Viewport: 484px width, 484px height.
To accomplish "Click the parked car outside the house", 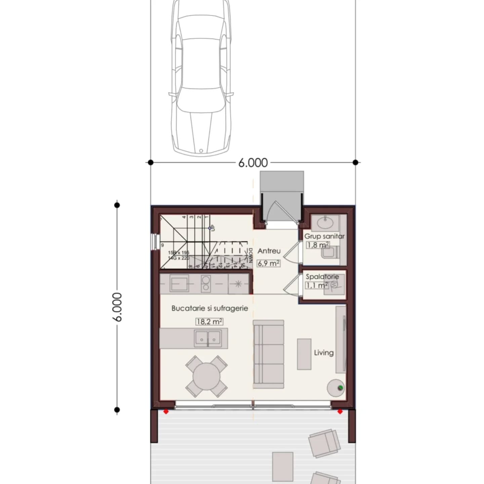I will tap(201, 77).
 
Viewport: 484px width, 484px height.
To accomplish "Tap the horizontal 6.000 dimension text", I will tap(253, 163).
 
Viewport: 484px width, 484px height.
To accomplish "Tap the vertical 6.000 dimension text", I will tap(117, 307).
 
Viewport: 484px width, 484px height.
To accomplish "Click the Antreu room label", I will tap(269, 251).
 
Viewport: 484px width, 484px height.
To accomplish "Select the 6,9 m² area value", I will tap(269, 263).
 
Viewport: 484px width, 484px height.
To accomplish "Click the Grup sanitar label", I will tap(324, 236).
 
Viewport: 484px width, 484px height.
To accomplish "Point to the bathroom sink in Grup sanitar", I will tap(325, 223).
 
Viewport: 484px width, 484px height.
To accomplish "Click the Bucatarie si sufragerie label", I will tap(210, 308).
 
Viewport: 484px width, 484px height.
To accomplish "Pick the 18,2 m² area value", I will tap(209, 322).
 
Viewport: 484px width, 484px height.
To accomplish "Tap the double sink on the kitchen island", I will tap(208, 338).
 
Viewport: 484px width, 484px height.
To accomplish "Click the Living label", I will tap(324, 353).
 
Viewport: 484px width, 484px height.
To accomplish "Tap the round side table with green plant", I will tap(336, 388).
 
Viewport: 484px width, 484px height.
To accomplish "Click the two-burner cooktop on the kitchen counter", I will tap(205, 283).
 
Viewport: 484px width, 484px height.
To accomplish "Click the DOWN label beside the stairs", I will tap(250, 255).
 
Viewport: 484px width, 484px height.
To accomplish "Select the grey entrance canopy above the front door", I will tap(282, 182).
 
